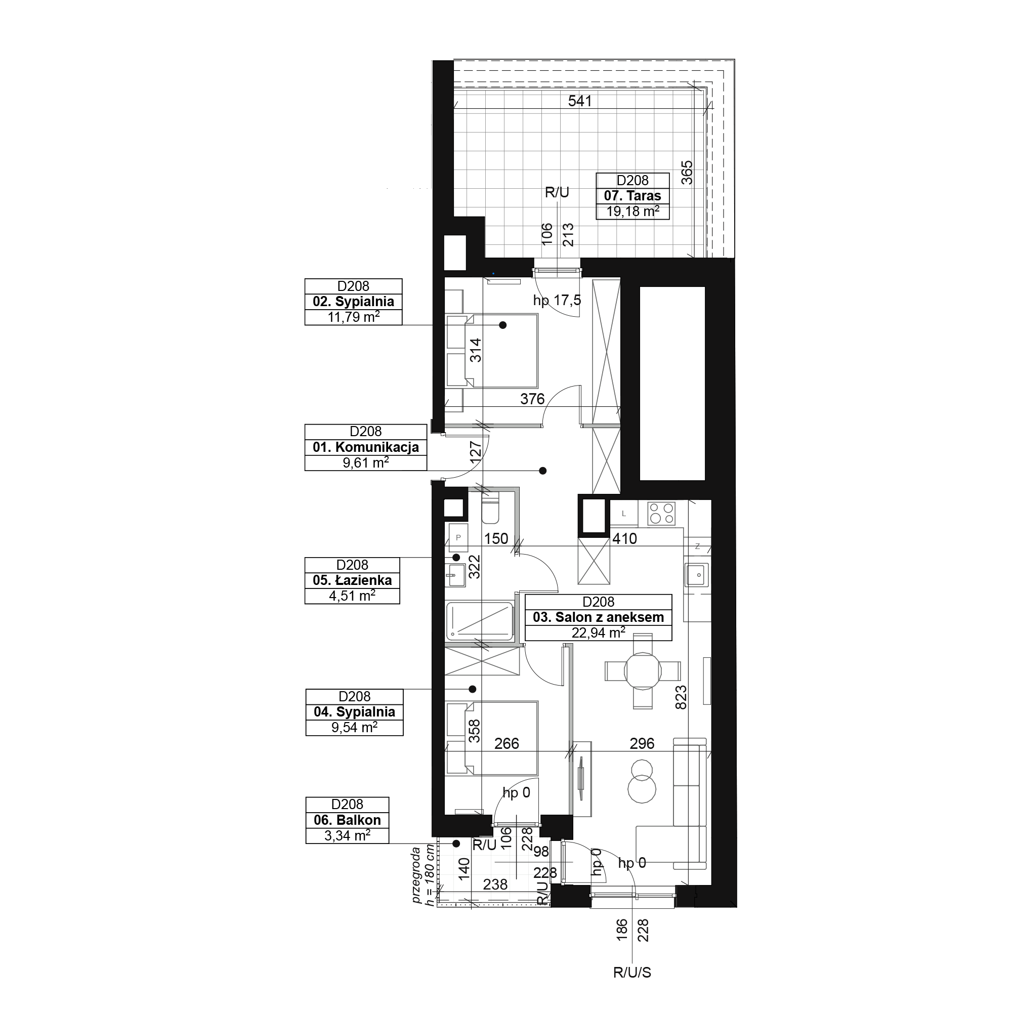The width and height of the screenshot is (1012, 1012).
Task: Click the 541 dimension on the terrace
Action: (x=580, y=101)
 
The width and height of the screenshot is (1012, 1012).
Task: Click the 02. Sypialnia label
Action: (x=353, y=302)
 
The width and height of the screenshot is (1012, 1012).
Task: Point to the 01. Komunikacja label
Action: (x=366, y=447)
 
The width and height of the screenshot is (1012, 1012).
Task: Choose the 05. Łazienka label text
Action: (x=352, y=580)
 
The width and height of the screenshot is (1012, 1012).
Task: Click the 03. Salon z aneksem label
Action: (x=598, y=617)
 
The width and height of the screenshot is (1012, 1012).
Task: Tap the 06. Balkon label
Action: (x=347, y=820)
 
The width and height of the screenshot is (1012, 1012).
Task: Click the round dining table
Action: (x=643, y=670)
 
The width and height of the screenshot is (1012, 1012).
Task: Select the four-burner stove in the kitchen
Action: (x=661, y=513)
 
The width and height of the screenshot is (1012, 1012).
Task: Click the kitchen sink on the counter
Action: (x=697, y=575)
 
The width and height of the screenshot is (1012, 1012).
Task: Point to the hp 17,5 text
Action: (x=557, y=301)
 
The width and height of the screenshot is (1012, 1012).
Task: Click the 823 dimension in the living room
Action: (x=681, y=698)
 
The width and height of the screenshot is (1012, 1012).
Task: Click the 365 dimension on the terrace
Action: (x=687, y=173)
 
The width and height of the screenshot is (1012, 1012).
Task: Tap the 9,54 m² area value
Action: (x=354, y=728)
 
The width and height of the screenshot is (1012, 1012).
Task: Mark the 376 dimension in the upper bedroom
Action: (x=532, y=399)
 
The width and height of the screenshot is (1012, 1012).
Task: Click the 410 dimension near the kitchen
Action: (x=624, y=538)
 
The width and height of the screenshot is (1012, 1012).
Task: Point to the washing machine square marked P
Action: (x=458, y=537)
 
